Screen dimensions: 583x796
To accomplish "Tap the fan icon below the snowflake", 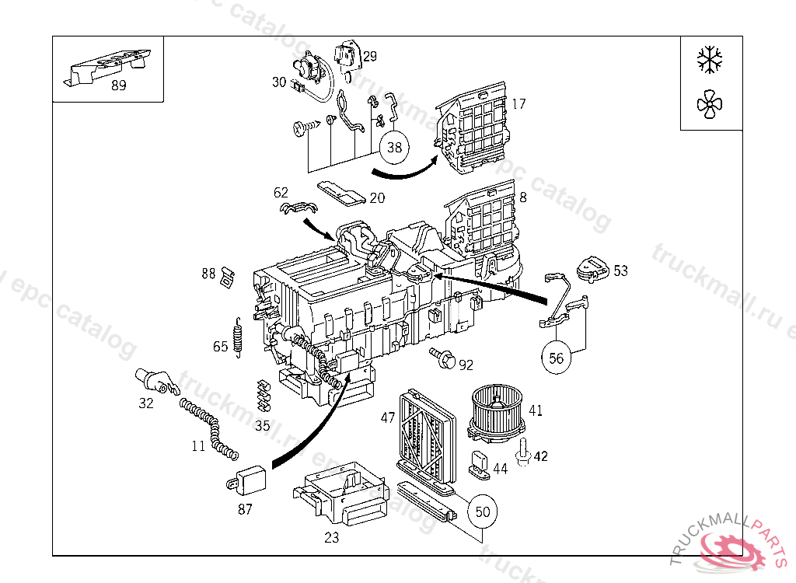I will click(x=710, y=105).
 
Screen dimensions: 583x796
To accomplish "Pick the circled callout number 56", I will click(x=557, y=358).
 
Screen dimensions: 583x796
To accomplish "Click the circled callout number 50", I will click(x=483, y=511).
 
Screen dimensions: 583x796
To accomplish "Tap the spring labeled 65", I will click(x=239, y=340).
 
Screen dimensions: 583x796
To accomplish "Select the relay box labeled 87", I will click(x=250, y=478).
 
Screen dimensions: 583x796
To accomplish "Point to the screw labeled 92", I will click(x=442, y=359).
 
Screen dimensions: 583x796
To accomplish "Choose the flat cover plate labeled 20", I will click(x=342, y=193).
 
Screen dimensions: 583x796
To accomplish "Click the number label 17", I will click(x=519, y=103).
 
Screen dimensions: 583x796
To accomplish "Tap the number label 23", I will click(x=332, y=537).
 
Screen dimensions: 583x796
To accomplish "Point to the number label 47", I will click(x=387, y=417).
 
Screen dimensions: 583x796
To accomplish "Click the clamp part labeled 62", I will click(x=298, y=208).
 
